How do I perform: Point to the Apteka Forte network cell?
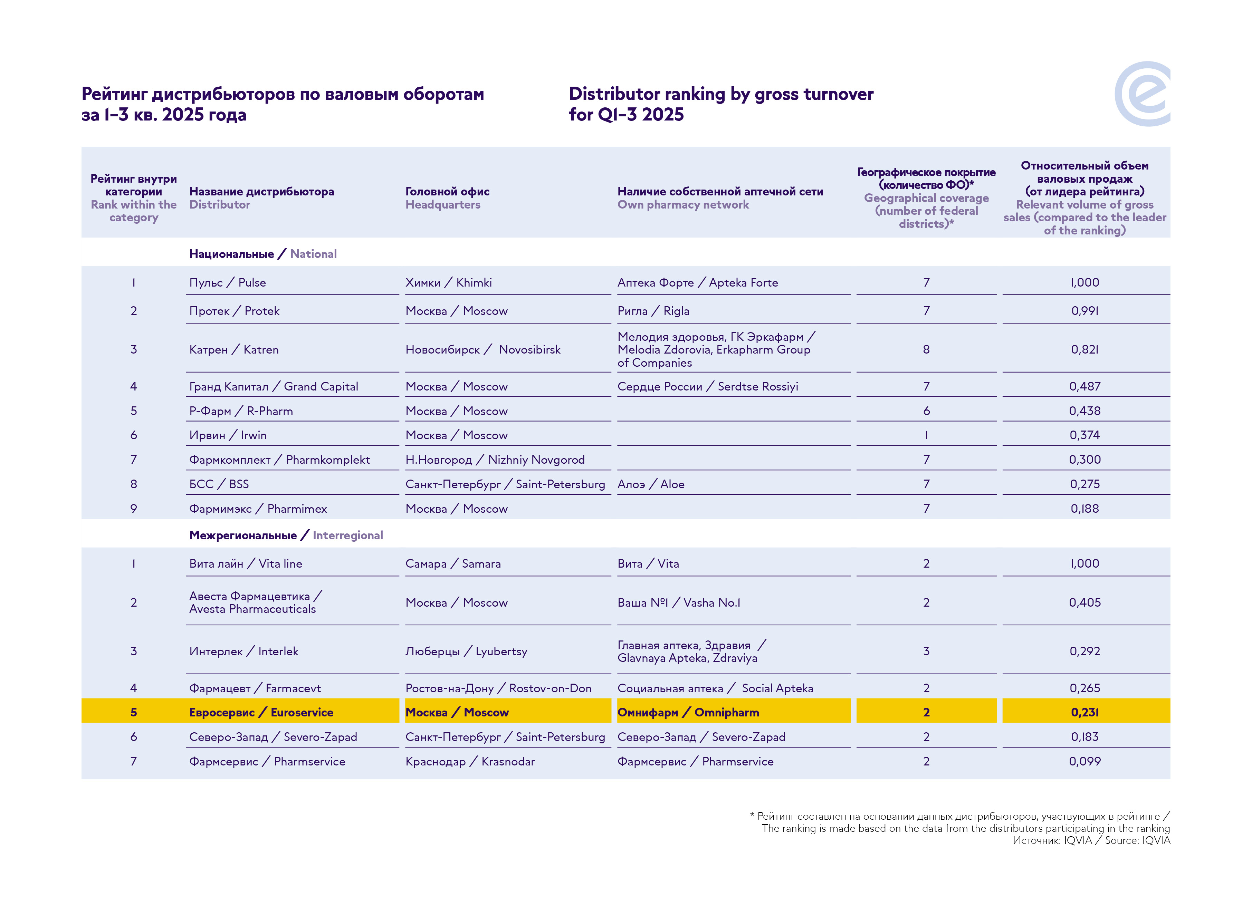click(x=697, y=283)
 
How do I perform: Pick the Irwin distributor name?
click(x=228, y=435)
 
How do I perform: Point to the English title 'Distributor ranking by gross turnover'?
click(x=721, y=94)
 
